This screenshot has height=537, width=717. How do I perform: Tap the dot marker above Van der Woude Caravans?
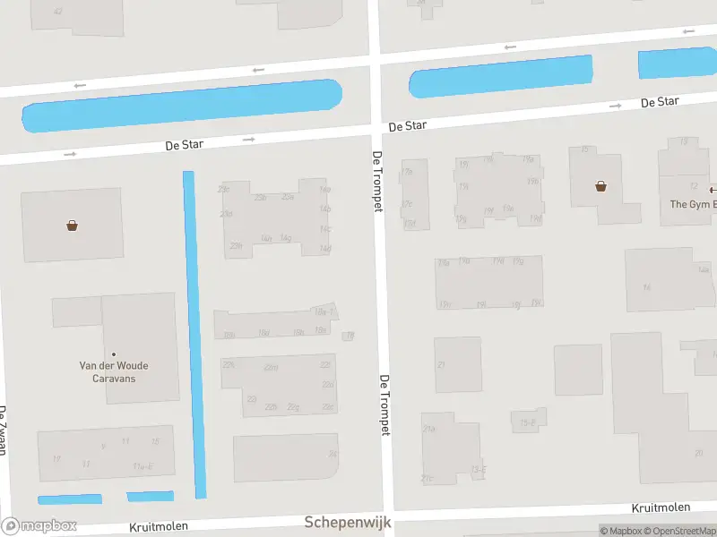pos(114,354)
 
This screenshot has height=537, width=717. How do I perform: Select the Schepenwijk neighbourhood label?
pos(348,522)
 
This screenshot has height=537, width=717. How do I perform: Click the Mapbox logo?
pos(39,526)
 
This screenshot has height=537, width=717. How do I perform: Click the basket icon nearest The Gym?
pos(600,186)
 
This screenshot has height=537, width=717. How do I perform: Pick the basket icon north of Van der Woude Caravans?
pos(72,226)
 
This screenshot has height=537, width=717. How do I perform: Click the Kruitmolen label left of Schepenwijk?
pos(159,526)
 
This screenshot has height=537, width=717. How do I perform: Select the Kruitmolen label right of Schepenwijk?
pos(661,507)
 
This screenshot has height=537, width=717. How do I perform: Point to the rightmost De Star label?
pos(659,102)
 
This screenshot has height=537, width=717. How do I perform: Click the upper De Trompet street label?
pos(377,182)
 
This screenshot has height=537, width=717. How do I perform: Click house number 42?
pos(58,12)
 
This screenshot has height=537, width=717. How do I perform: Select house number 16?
pos(646,287)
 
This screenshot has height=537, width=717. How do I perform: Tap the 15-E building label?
pos(528,423)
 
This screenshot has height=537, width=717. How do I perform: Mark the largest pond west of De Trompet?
pos(182,106)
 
